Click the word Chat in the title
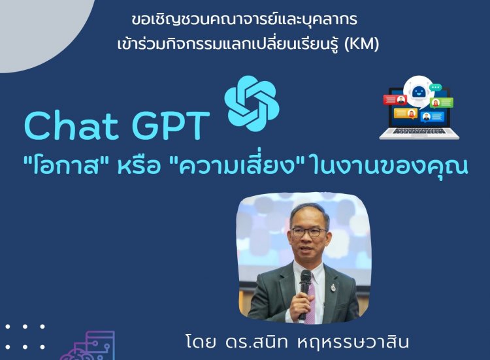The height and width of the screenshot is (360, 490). [x=71, y=125]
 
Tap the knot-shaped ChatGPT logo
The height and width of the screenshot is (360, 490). [x=252, y=103]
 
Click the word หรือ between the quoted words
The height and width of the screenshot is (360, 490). [x=139, y=165]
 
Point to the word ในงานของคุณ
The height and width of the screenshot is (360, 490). [x=390, y=165]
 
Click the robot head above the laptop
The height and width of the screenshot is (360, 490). [x=418, y=93]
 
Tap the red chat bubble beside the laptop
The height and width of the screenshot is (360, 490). [x=395, y=100]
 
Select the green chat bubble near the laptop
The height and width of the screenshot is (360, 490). [x=441, y=103]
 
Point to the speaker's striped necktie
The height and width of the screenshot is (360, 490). [x=310, y=303]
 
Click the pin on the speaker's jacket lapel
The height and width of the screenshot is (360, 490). [x=333, y=287]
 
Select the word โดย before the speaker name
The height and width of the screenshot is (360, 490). [x=201, y=342]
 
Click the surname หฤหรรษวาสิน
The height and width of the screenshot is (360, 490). [x=353, y=342]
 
